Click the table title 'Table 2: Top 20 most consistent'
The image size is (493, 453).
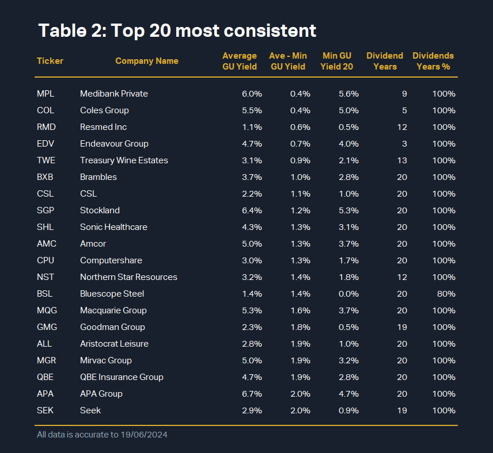coord(177,30)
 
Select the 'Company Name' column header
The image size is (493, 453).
coord(147,61)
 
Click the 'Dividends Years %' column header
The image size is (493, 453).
coord(433,61)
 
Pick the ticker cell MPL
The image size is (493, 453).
coord(45,94)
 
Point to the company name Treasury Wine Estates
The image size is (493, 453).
coord(124,160)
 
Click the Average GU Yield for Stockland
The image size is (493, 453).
coord(252,210)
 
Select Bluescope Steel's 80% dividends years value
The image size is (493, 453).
coord(446,294)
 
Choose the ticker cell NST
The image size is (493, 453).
coord(45,277)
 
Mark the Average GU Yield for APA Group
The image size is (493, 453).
coord(252,394)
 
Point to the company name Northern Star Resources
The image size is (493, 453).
coord(128,277)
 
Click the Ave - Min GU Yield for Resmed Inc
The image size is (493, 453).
coord(301,127)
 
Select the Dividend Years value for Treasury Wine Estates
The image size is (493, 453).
coord(402,160)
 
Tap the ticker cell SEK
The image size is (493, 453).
coord(45,410)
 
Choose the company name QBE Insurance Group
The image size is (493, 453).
coord(122,377)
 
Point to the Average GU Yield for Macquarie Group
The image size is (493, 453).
coord(252,310)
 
